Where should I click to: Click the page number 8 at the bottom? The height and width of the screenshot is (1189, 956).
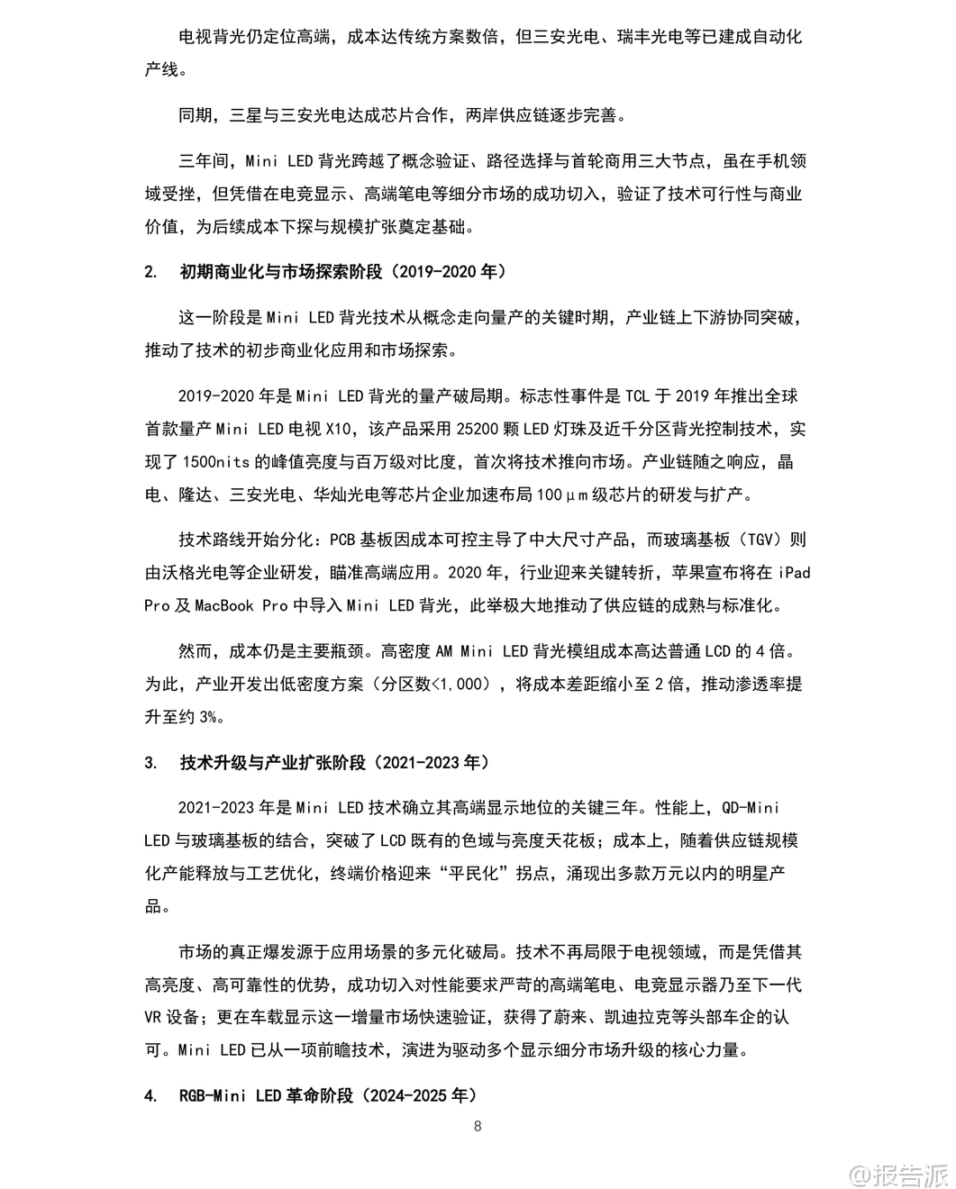478,1126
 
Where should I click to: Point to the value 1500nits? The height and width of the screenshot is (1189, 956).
215,462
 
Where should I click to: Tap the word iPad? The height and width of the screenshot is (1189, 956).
794,573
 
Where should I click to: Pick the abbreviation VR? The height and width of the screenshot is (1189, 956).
154,1017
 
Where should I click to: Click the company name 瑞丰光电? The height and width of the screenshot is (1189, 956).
651,37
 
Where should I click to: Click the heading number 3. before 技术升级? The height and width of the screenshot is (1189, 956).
150,763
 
